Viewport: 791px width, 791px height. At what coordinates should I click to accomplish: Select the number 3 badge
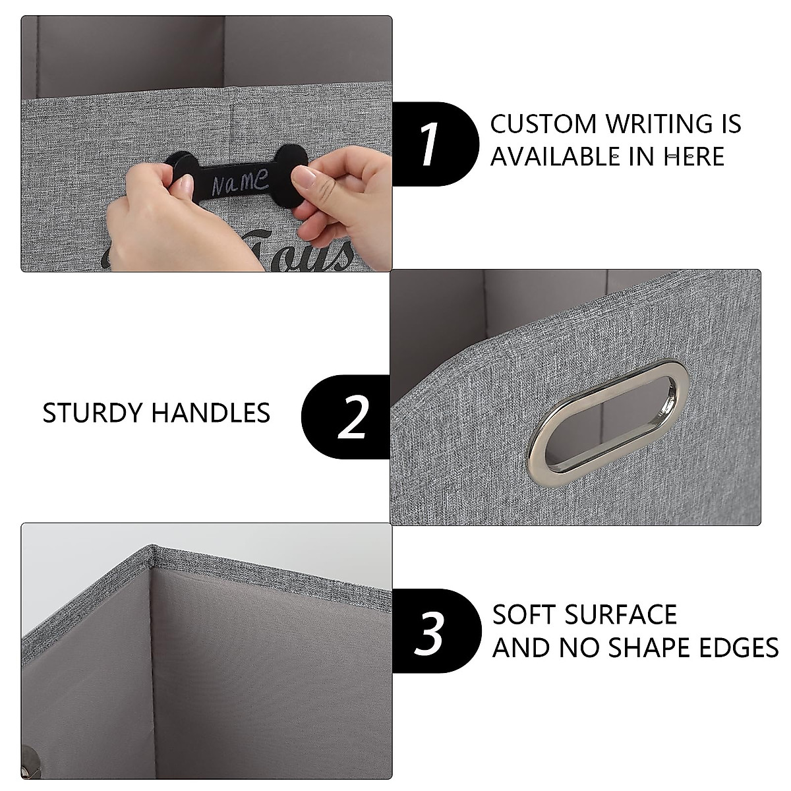[x=432, y=631]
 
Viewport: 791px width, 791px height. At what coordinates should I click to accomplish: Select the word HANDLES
[x=211, y=413]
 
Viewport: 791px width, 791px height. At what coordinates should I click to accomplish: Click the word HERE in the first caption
[x=694, y=157]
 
